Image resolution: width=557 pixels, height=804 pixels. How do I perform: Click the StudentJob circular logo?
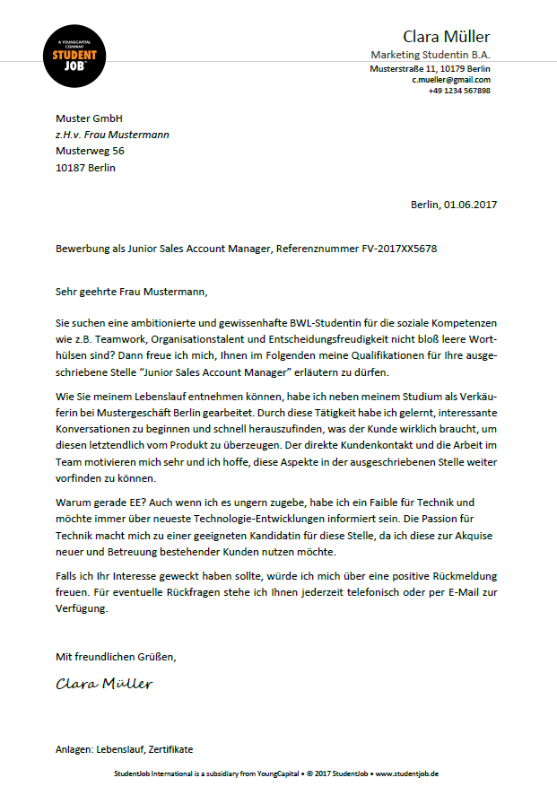click(75, 56)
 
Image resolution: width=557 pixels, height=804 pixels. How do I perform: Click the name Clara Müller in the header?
click(446, 37)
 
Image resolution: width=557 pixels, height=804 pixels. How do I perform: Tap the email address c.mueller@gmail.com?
click(451, 80)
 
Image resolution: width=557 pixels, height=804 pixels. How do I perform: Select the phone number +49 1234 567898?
click(459, 91)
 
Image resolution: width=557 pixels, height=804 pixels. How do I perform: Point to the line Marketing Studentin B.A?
click(431, 56)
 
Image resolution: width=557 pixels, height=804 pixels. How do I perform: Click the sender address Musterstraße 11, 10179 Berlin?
click(430, 68)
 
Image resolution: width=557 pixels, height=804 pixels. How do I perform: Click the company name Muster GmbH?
click(89, 118)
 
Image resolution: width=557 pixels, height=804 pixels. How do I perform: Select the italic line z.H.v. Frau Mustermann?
click(112, 135)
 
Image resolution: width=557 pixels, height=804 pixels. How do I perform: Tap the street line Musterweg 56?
click(90, 151)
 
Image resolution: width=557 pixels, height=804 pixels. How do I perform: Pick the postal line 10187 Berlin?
click(85, 167)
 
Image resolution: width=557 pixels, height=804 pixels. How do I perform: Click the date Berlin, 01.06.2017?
click(454, 205)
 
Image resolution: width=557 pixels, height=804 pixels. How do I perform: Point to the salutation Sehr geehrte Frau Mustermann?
click(131, 292)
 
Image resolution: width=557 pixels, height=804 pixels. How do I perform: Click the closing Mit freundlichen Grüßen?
click(116, 657)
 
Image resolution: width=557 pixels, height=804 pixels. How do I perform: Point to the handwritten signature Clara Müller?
click(104, 684)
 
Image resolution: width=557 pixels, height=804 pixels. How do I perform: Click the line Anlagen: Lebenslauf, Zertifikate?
click(124, 749)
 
